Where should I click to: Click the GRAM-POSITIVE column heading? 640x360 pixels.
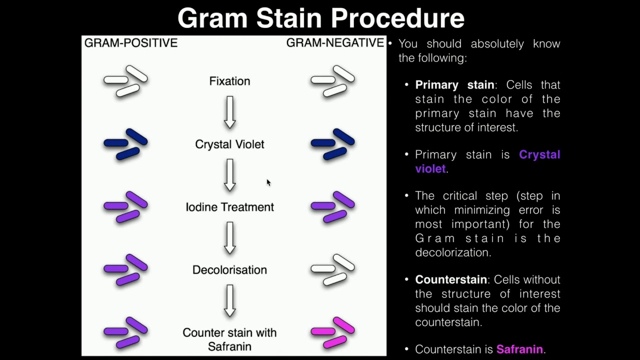coord(130,43)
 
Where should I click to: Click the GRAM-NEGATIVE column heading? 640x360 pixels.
coord(335,43)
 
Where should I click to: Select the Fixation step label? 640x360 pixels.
coord(229,81)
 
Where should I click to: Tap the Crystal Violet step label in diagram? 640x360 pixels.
coord(229,144)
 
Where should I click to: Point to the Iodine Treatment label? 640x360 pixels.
coord(229,207)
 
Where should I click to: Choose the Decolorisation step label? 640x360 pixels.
coord(229,270)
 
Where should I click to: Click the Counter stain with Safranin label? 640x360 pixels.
coord(229,339)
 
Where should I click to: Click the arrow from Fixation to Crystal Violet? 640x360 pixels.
coord(229,112)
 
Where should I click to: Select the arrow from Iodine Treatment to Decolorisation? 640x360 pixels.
coord(229,238)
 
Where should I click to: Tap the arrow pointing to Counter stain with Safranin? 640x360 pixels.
coord(229,300)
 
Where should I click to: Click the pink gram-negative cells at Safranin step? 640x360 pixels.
coord(332,332)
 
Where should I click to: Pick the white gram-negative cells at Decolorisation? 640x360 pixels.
coord(332,269)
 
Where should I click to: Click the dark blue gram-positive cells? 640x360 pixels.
coord(125,144)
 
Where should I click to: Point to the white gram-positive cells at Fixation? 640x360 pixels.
coord(125,81)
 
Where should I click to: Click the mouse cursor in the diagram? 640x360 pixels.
coord(268,182)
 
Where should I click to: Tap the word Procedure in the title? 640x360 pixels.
coord(397,18)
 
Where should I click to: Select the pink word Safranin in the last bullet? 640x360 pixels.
coord(519,349)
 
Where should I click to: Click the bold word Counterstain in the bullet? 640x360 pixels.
coord(451,279)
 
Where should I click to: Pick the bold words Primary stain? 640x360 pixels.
coord(454,84)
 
